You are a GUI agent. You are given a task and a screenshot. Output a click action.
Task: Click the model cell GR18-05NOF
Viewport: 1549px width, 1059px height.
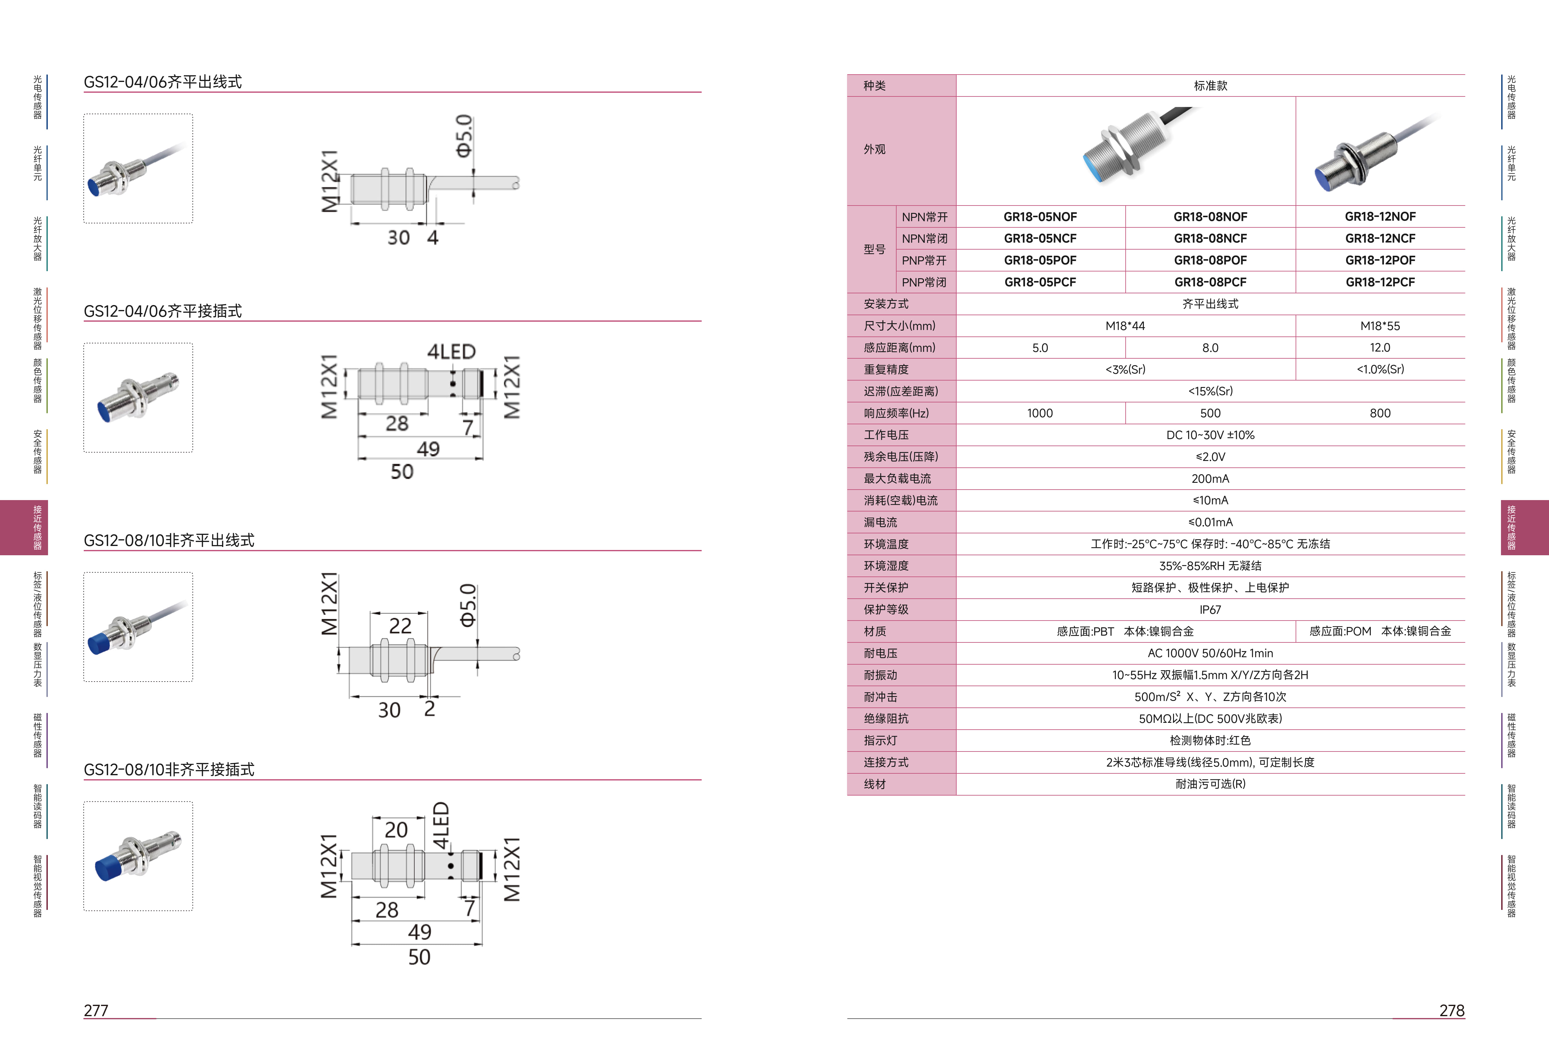pos(1040,217)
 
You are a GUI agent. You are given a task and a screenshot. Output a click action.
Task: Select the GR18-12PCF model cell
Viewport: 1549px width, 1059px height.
pos(1380,282)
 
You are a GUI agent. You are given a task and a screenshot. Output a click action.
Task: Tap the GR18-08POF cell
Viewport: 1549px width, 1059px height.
pos(1210,260)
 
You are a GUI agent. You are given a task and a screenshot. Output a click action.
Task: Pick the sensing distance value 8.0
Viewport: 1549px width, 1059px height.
pos(1210,348)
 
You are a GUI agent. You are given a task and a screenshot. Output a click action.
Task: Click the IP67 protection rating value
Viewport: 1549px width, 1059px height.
pos(1210,609)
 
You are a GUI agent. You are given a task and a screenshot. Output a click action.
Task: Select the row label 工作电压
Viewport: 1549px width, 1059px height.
pos(886,435)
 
